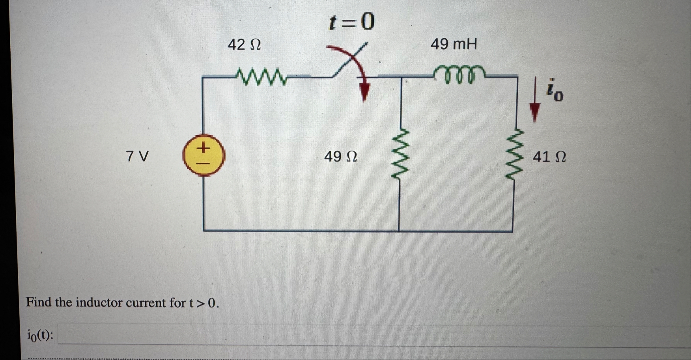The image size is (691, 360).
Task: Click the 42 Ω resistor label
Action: (244, 45)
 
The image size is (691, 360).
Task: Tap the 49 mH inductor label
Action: (454, 44)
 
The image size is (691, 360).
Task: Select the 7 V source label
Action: (137, 157)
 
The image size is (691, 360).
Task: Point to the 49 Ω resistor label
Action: (340, 157)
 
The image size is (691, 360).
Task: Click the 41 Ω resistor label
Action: (549, 157)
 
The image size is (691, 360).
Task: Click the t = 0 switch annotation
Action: (351, 22)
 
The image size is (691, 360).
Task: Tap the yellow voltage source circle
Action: (204, 155)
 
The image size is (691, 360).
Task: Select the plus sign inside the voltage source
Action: (203, 148)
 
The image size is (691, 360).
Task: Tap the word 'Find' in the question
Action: (39, 302)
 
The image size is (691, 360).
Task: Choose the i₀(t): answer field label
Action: (40, 335)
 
